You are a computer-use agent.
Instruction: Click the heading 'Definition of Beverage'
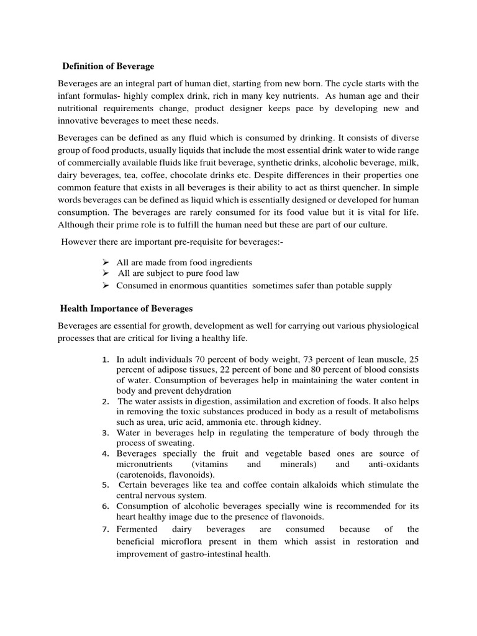tap(109, 66)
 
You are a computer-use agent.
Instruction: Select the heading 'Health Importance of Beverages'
tap(126, 308)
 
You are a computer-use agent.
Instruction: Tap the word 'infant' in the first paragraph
tap(70, 96)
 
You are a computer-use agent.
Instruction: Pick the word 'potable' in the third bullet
tap(351, 286)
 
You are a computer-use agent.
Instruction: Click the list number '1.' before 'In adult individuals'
tap(106, 360)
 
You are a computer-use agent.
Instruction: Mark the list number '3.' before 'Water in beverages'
tap(106, 433)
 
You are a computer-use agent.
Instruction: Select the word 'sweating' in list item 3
tap(177, 443)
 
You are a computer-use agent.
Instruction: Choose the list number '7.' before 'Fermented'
tap(106, 529)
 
